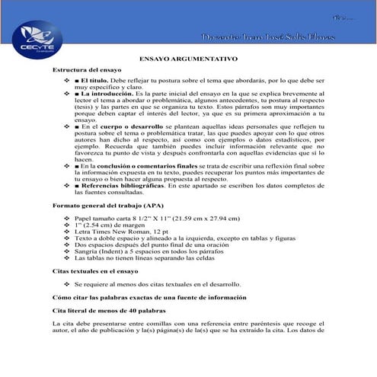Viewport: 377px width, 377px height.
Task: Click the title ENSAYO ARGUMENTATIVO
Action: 188,58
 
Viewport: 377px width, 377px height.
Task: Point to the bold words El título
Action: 95,80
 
